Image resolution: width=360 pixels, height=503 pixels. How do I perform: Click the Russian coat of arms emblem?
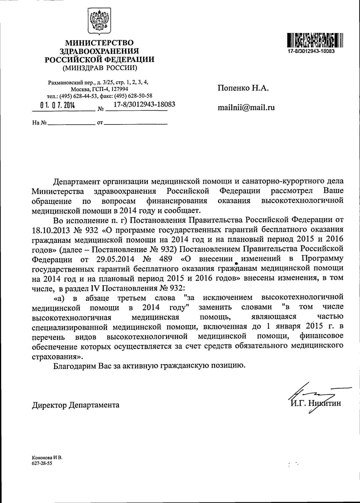tap(99, 22)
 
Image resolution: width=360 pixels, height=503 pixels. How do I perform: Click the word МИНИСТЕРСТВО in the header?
tap(99, 43)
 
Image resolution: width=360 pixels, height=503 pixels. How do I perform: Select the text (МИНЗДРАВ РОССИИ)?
tap(99, 68)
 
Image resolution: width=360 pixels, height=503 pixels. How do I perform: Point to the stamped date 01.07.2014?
tap(58, 106)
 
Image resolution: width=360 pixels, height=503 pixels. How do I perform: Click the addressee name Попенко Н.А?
tap(243, 88)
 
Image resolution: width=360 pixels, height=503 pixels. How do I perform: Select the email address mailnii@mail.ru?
tap(246, 108)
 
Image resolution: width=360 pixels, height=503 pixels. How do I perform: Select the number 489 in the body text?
tap(166, 259)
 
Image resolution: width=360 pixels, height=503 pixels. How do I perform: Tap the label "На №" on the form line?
tap(39, 123)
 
